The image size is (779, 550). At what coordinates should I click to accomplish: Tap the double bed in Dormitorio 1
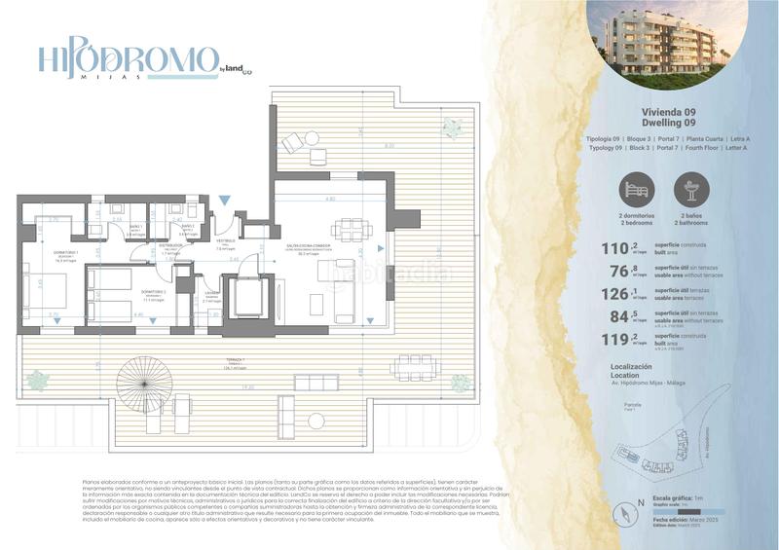click(44, 296)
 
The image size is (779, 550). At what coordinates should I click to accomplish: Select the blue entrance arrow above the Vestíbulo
click(225, 200)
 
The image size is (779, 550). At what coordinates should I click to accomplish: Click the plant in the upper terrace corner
click(451, 128)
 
